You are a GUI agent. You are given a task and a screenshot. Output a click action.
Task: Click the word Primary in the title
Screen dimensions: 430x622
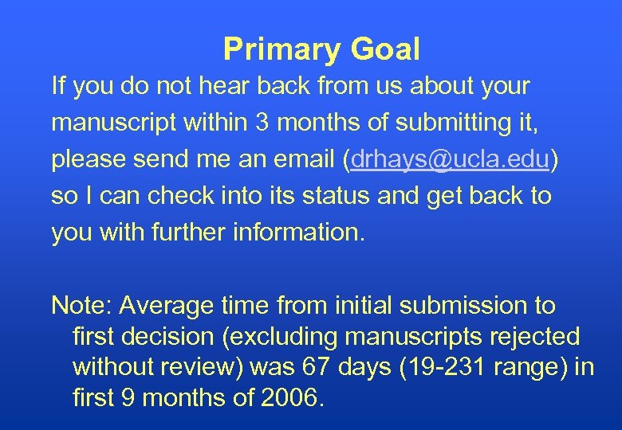click(271, 49)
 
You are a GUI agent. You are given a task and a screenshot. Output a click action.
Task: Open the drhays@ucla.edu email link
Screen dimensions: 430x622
click(450, 158)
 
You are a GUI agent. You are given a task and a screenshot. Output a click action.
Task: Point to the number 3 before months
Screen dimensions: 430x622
click(262, 122)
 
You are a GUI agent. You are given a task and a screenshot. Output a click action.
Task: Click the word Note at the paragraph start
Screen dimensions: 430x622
click(81, 305)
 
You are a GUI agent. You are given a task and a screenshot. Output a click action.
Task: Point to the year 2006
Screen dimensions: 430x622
click(289, 397)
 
